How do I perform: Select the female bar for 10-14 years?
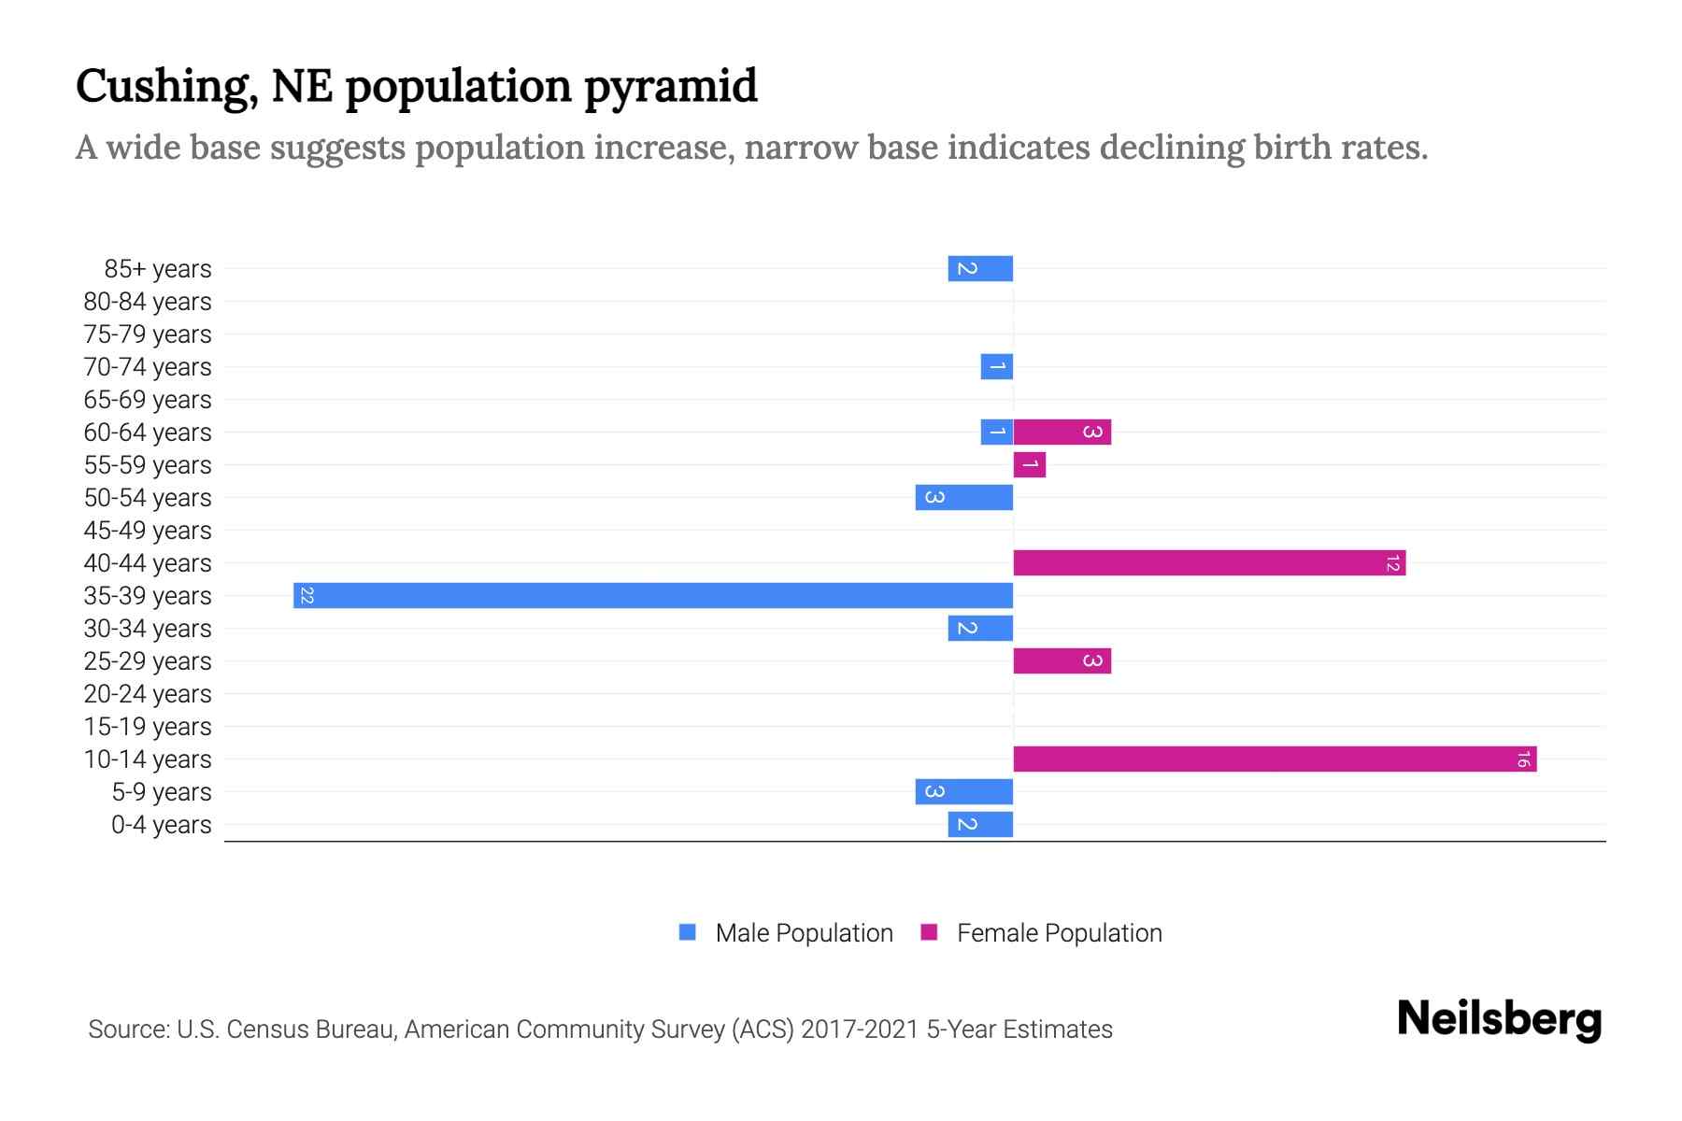[x=1275, y=759]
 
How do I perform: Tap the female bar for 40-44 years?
[x=1209, y=562]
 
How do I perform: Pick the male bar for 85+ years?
[x=980, y=268]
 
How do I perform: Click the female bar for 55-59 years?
[x=1029, y=464]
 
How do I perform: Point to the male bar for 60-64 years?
[x=996, y=432]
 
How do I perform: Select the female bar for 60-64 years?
[x=1062, y=432]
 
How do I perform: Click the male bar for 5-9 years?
[x=963, y=791]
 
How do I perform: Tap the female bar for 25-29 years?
[x=1062, y=660]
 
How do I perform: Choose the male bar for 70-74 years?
[x=996, y=366]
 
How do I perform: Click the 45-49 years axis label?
[x=148, y=531]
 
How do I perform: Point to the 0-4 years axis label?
[x=161, y=825]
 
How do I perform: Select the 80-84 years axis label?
[x=148, y=302]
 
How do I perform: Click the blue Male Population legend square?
[x=688, y=932]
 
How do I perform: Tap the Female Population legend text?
[x=1059, y=932]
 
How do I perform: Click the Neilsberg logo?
[x=1499, y=1019]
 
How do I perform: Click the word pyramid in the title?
[x=670, y=86]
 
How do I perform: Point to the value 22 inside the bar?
[x=306, y=595]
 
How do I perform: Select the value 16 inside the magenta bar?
[x=1523, y=759]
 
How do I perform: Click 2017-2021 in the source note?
[x=860, y=1029]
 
